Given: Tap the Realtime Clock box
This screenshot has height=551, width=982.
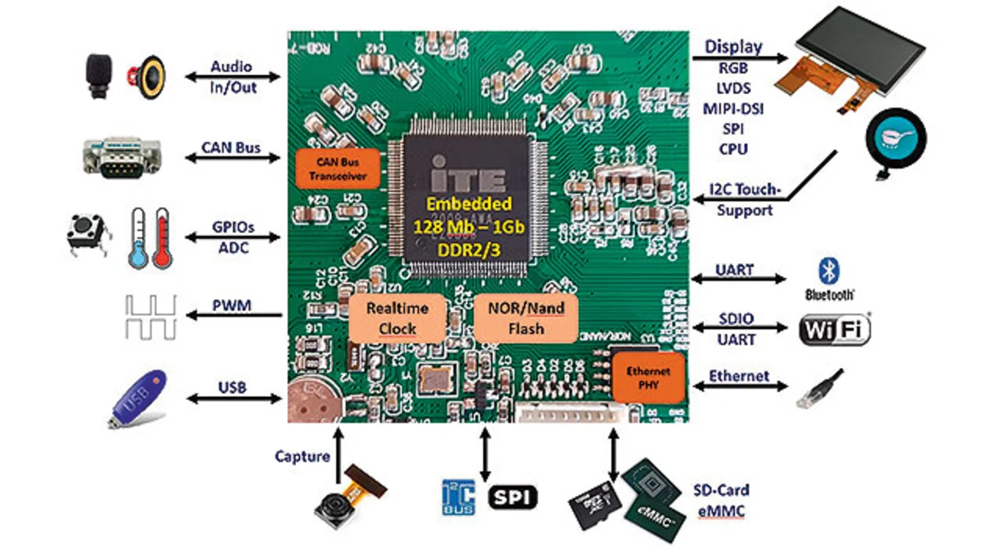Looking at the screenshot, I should tap(397, 318).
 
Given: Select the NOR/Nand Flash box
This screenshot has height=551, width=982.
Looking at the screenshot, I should tap(526, 318).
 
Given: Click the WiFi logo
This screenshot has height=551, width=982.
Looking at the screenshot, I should tap(835, 330).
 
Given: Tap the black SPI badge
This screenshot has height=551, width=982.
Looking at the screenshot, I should tap(513, 497).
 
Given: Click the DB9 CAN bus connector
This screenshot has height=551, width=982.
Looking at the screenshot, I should tap(121, 157).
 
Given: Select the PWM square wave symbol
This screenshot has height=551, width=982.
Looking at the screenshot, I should tap(150, 317).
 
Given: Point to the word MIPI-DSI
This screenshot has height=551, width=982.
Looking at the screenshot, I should tap(733, 108).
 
